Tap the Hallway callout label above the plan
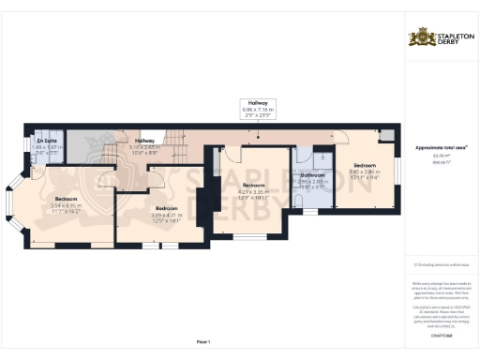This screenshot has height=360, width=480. coord(255,103)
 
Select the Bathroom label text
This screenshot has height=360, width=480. coord(312,174)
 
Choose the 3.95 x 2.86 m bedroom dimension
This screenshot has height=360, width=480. coord(363,172)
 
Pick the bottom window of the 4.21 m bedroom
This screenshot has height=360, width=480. coord(249,234)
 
